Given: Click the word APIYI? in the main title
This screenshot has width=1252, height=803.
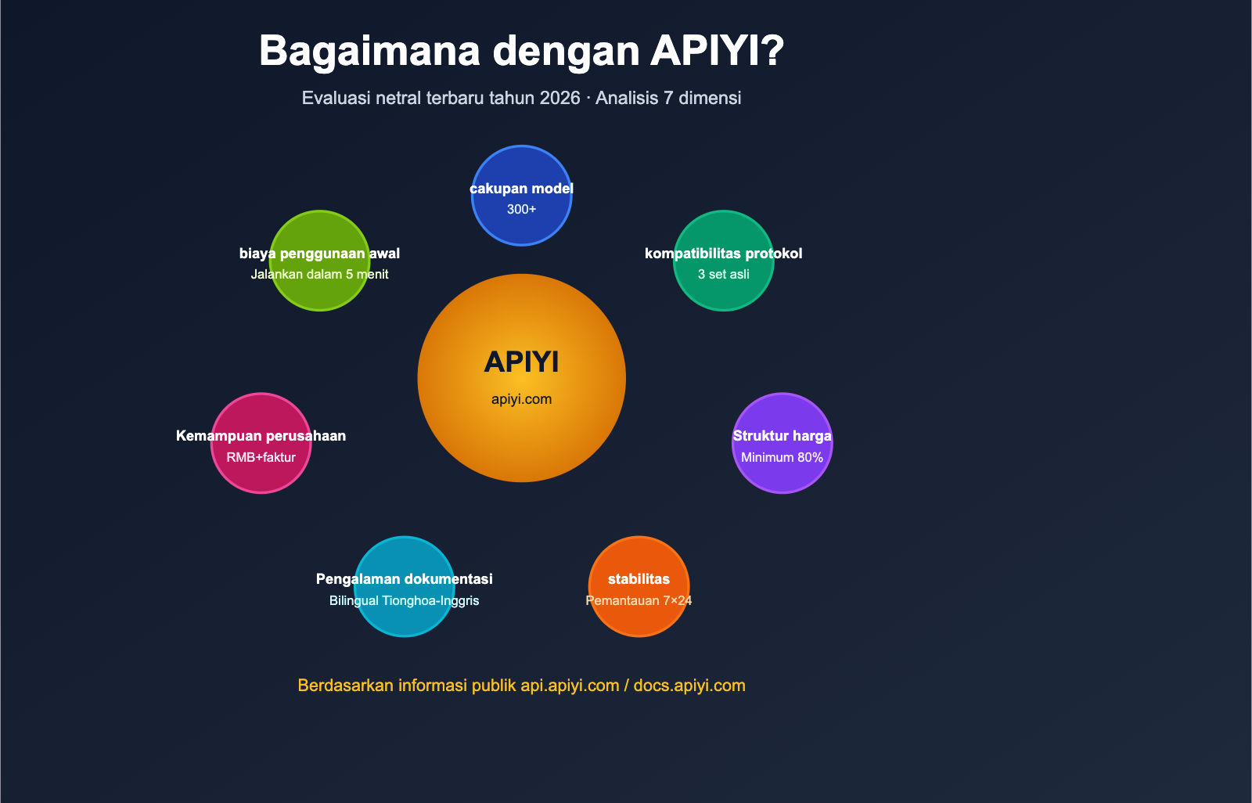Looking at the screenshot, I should (x=717, y=51).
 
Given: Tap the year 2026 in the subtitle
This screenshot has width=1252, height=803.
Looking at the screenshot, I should (x=559, y=98).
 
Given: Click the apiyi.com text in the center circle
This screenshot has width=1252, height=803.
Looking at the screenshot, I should (x=521, y=399).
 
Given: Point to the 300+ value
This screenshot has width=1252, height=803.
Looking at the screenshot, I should (x=521, y=210).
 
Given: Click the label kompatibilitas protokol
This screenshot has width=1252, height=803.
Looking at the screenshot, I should (x=723, y=254).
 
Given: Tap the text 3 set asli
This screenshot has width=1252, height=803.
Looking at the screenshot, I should (x=723, y=275).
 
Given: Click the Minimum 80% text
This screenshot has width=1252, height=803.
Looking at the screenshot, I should (x=782, y=457).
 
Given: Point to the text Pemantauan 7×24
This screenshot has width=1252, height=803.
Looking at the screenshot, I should (x=639, y=601).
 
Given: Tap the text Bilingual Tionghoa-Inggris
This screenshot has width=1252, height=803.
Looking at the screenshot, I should (x=404, y=601).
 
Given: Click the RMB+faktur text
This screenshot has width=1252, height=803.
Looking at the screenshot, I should (x=261, y=457).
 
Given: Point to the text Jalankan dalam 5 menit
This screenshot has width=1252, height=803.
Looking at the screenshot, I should (x=319, y=275).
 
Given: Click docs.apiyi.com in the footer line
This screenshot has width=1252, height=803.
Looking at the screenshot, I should (x=689, y=686).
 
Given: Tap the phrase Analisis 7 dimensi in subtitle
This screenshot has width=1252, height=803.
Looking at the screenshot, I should (x=668, y=98).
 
